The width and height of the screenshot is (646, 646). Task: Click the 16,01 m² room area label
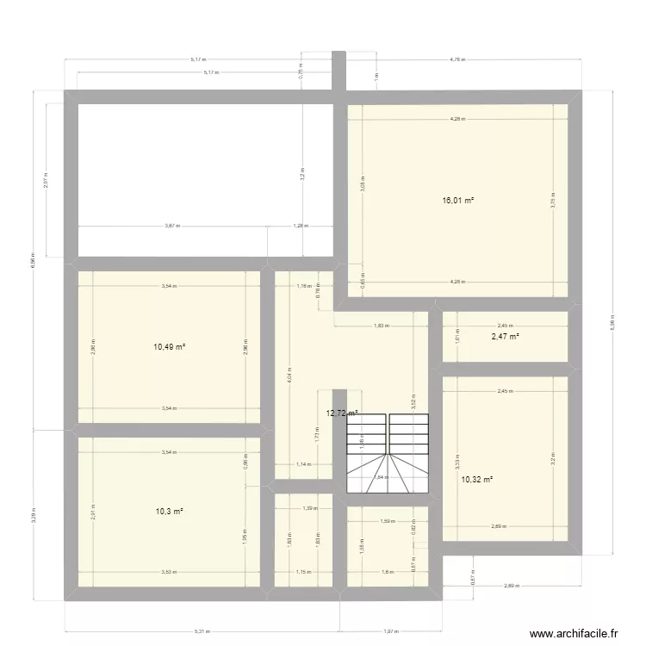(x=458, y=201)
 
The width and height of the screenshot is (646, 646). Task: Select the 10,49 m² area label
(x=171, y=347)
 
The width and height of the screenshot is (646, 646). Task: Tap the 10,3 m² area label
(x=169, y=512)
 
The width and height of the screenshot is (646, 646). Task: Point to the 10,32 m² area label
(x=476, y=480)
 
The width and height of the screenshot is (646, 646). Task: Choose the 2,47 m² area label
(x=505, y=337)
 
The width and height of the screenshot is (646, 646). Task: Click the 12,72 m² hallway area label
(x=342, y=413)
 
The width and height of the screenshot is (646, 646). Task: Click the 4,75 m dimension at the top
(x=457, y=60)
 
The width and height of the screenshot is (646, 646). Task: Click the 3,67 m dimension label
(x=171, y=226)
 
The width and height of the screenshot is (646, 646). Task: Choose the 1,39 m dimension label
(x=307, y=508)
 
